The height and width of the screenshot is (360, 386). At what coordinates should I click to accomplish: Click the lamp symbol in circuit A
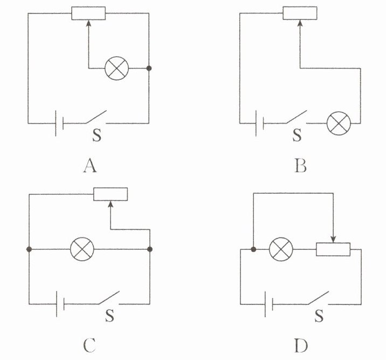[x=115, y=69]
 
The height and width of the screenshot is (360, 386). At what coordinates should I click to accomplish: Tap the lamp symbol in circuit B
[x=338, y=123]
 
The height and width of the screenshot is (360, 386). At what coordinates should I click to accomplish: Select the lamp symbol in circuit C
[x=83, y=249]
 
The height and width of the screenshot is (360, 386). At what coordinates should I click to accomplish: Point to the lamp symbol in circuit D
[x=280, y=249]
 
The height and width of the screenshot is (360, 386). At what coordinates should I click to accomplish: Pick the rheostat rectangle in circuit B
[x=300, y=12]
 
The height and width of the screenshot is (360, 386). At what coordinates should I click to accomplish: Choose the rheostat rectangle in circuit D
[x=333, y=249]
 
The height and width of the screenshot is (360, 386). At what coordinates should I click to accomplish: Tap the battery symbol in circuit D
[x=268, y=304]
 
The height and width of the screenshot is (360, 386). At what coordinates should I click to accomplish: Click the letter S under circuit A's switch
[x=96, y=135]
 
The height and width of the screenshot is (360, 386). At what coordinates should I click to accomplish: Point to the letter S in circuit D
[x=319, y=315]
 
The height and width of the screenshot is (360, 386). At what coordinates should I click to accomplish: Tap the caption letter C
[x=90, y=344]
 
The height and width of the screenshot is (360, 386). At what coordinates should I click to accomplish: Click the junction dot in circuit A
[x=149, y=69]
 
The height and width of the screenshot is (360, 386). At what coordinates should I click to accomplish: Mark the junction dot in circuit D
[x=253, y=249]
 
